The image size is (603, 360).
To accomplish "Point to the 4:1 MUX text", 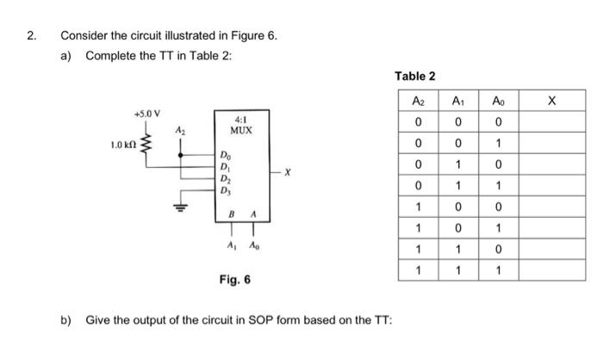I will click(x=240, y=125).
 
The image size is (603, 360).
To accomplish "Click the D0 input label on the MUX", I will click(x=226, y=156).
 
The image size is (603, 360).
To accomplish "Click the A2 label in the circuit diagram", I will click(x=179, y=129).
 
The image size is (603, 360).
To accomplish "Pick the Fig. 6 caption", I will click(x=235, y=280).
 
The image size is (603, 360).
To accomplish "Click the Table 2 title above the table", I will click(x=415, y=76).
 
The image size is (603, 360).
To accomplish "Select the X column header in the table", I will click(x=551, y=101).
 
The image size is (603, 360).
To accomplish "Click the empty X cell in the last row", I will click(x=551, y=270).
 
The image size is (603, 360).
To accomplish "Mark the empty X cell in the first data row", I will click(x=551, y=121).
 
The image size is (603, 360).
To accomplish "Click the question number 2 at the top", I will click(x=31, y=36).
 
